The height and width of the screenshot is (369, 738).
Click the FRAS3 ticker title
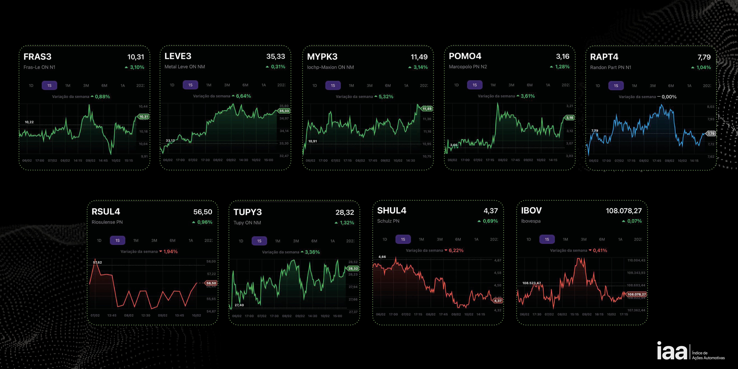(x=38, y=57)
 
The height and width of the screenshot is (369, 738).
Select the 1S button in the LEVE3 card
(x=190, y=85)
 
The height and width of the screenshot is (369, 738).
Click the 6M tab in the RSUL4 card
(x=172, y=240)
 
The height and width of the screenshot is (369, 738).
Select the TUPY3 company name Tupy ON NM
(x=247, y=223)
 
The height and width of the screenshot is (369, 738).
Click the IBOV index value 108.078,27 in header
(x=624, y=211)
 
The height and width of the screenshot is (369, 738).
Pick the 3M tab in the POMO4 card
(x=511, y=85)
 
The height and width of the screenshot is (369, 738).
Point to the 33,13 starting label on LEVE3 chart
(x=170, y=140)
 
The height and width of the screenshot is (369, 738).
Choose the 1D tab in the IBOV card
(x=529, y=239)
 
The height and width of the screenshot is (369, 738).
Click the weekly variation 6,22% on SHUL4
(x=456, y=250)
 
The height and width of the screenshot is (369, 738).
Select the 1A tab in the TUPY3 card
(x=332, y=241)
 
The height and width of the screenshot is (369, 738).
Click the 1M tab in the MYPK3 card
(x=351, y=85)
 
